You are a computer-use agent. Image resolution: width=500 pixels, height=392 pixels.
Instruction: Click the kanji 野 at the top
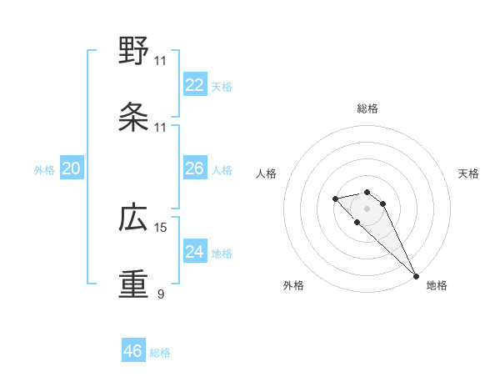[x=133, y=52]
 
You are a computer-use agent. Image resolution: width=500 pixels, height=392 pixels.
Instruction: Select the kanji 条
[x=133, y=118]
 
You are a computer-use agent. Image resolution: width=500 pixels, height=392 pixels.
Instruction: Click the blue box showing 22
[x=195, y=84]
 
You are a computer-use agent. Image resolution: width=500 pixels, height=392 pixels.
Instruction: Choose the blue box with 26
[x=195, y=168]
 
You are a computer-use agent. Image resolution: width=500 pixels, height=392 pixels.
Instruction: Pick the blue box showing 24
[x=195, y=252]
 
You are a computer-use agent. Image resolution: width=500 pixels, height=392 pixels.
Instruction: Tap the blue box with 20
[x=72, y=168]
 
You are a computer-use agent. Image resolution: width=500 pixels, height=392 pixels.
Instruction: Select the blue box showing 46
[x=133, y=351]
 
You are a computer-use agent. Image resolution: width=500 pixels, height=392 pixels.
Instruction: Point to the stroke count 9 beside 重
[x=161, y=294]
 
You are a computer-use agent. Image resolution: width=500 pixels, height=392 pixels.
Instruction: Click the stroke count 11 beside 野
[x=161, y=61]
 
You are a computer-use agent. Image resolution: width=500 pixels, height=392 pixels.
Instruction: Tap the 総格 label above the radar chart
[x=367, y=108]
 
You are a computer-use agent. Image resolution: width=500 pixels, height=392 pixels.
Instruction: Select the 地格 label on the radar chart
[x=437, y=285]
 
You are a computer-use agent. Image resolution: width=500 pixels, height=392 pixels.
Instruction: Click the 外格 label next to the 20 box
[x=44, y=170]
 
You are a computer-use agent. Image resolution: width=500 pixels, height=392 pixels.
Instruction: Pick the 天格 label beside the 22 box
[x=222, y=86]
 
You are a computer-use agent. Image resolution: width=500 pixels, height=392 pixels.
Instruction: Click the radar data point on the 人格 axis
[x=335, y=199]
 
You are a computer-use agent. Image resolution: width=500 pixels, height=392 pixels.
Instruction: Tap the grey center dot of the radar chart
[x=367, y=209]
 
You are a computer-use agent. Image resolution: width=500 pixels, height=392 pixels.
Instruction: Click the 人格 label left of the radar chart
[x=267, y=173]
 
